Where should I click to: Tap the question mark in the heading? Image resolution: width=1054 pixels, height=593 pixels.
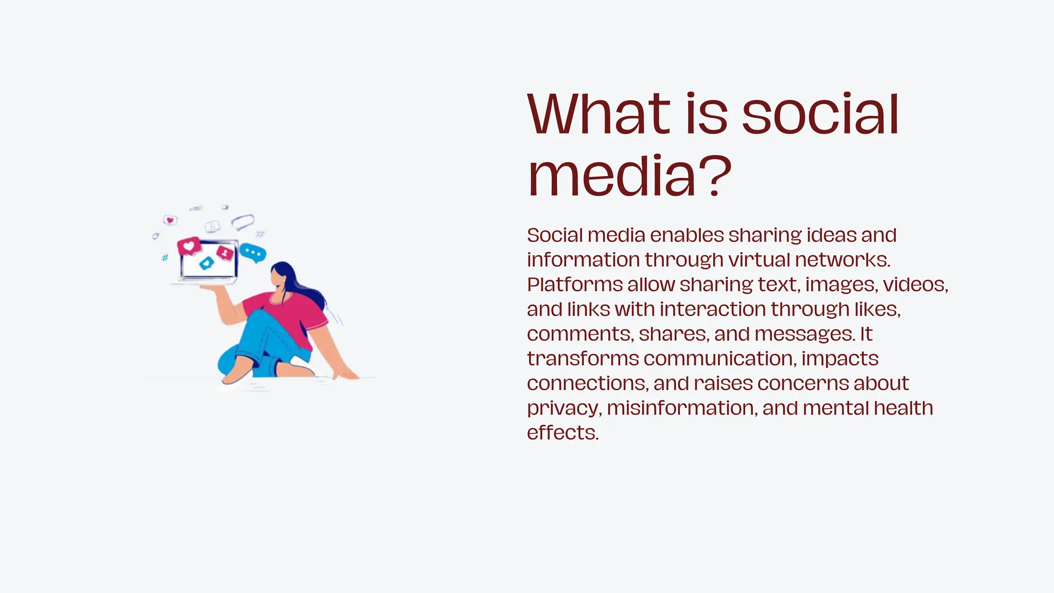tap(713, 176)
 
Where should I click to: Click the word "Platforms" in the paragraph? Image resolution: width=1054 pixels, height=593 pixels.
tap(575, 285)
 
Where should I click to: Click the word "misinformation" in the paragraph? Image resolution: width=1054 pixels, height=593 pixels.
tap(682, 408)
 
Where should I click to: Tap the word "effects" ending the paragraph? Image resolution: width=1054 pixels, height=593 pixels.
tap(562, 433)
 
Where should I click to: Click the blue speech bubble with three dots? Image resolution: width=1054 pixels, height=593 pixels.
tap(253, 253)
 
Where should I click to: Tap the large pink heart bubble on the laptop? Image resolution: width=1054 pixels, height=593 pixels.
tap(189, 246)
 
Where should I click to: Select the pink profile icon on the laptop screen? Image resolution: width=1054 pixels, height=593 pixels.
tap(225, 252)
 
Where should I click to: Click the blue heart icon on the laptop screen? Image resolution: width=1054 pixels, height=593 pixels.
tap(207, 263)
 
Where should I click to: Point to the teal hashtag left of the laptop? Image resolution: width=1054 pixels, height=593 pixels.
tap(165, 257)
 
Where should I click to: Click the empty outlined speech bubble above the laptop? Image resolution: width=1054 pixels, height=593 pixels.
tap(242, 222)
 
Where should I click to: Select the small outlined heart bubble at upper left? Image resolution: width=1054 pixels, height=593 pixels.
tap(170, 220)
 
